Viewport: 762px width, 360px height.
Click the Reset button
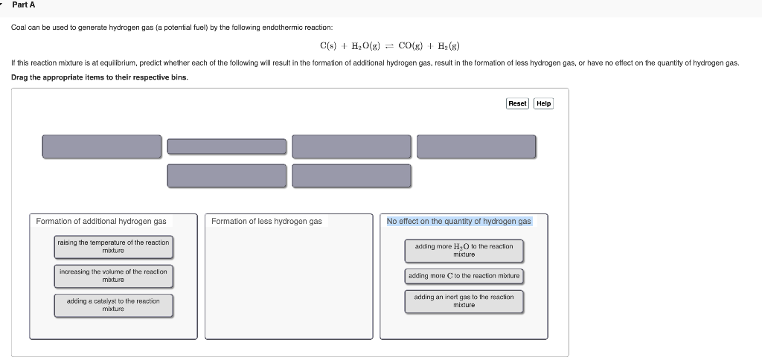point(517,103)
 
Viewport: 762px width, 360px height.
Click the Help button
point(544,103)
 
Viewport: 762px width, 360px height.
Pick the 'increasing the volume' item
point(113,276)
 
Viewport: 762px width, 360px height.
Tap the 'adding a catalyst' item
point(113,305)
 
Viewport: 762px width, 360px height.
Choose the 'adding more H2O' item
point(464,251)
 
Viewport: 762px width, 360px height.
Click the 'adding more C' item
point(464,276)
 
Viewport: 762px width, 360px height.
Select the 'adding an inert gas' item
point(464,301)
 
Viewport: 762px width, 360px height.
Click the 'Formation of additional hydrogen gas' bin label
point(101,222)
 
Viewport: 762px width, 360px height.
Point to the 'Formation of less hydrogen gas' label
point(266,222)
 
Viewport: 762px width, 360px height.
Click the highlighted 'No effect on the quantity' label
point(458,222)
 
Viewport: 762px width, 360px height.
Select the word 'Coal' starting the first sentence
point(18,28)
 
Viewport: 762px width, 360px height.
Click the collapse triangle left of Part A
point(2,5)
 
